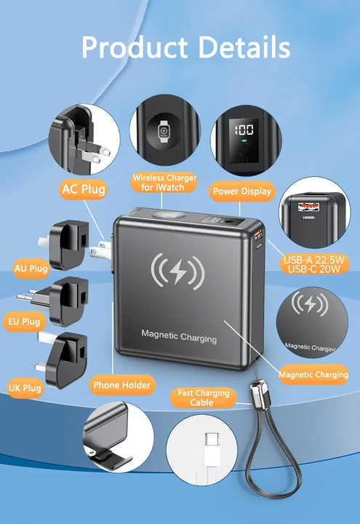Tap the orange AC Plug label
tap(84, 189)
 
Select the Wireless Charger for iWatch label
tap(164, 183)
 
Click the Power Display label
tap(242, 191)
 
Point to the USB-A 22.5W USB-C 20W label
tap(314, 264)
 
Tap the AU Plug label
tap(31, 269)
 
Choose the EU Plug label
tap(25, 322)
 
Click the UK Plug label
tap(25, 388)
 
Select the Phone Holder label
tap(122, 385)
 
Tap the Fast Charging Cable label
tap(204, 397)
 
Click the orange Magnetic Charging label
tap(313, 375)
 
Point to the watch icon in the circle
tap(164, 131)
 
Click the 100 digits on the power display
tap(244, 130)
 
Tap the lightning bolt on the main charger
tap(178, 271)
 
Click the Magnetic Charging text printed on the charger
tap(179, 336)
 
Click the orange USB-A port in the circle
tap(308, 207)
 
